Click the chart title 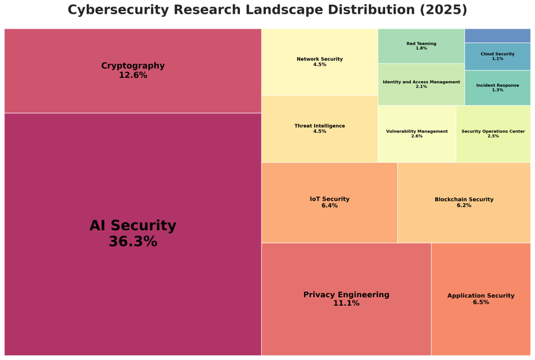[x=267, y=10]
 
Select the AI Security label [x=133, y=226]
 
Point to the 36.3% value [x=133, y=242]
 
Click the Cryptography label [x=133, y=66]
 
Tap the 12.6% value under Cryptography [x=133, y=75]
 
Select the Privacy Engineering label [x=346, y=294]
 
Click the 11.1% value [x=346, y=304]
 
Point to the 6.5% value [x=481, y=302]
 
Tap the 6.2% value [x=464, y=206]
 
